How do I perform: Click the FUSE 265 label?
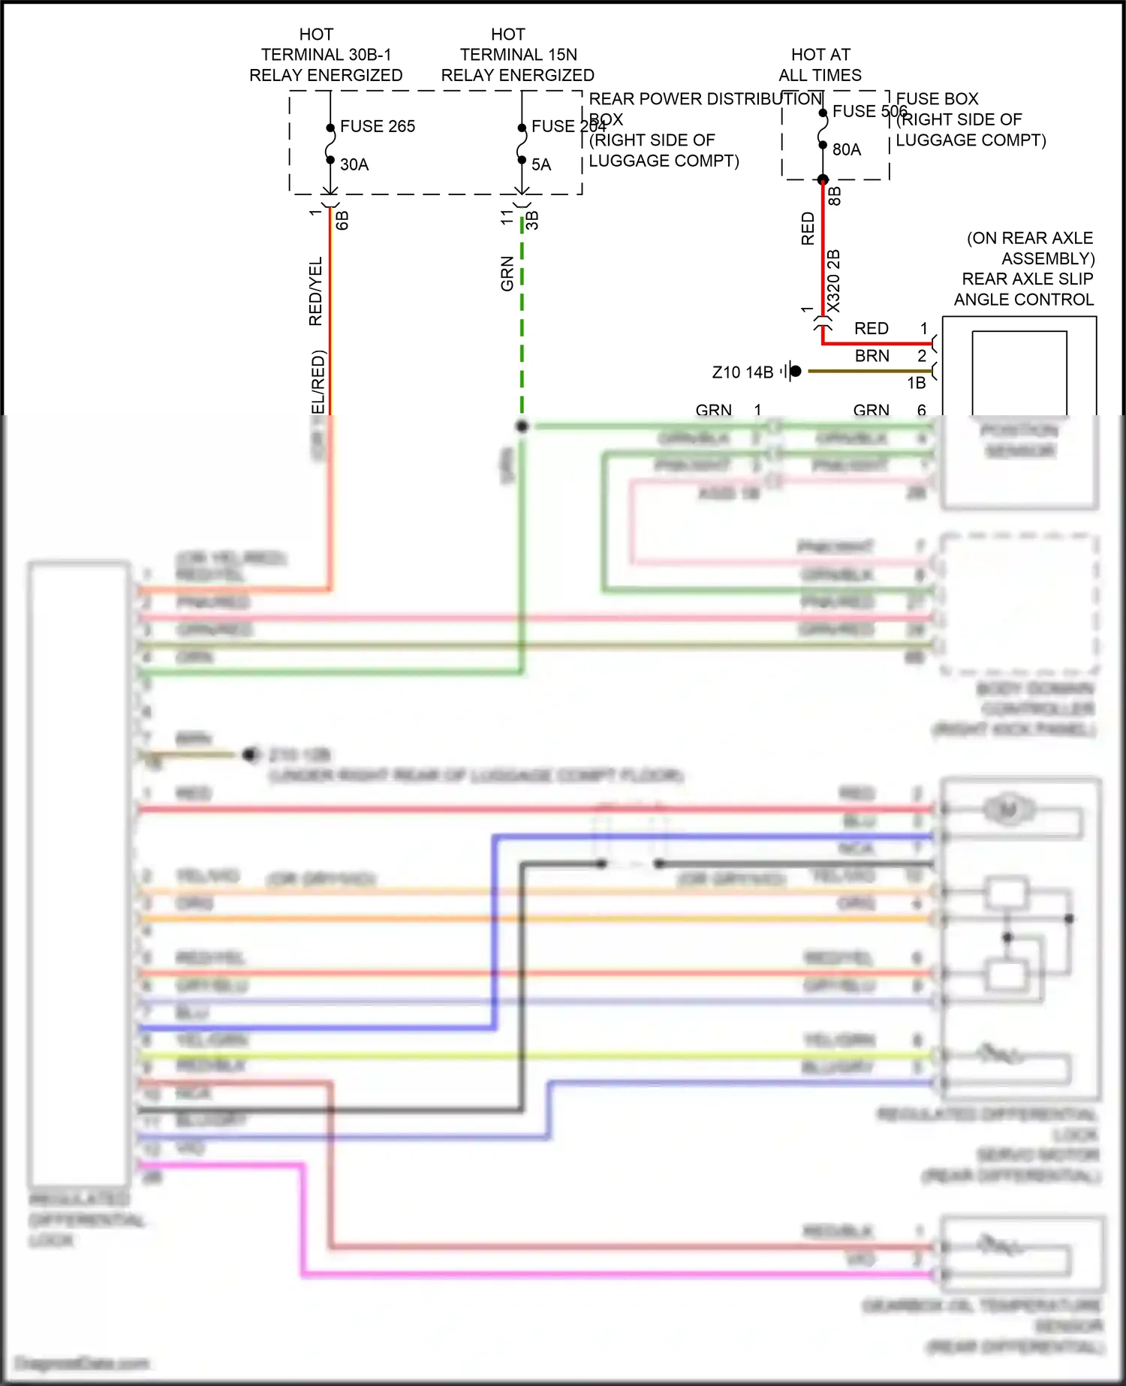click(x=377, y=126)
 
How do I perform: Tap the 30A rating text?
click(x=354, y=164)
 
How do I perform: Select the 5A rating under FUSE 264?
click(x=541, y=164)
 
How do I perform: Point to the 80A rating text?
click(x=846, y=149)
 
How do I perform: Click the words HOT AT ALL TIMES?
click(x=820, y=65)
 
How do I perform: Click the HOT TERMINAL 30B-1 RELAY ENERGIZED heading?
click(x=325, y=55)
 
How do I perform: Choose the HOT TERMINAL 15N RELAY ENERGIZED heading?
click(x=517, y=55)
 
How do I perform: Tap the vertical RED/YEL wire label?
click(x=315, y=291)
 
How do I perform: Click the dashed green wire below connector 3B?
click(x=522, y=315)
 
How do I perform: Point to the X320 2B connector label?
click(x=833, y=281)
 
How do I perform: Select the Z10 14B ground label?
click(x=742, y=372)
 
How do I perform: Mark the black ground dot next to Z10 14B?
click(x=796, y=371)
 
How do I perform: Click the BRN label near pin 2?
click(x=872, y=356)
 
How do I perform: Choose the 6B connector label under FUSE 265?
click(x=342, y=220)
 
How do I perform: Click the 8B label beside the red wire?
click(x=835, y=196)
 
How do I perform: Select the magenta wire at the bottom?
click(x=601, y=1274)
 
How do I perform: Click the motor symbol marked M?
click(x=1008, y=809)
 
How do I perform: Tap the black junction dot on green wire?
click(x=522, y=426)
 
